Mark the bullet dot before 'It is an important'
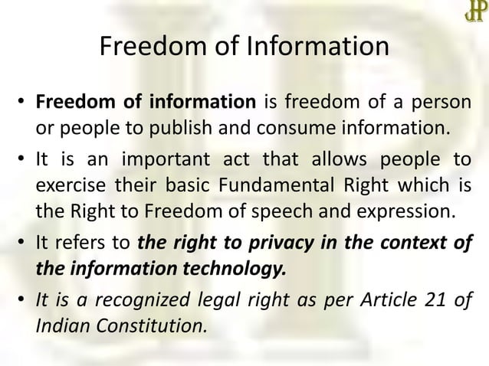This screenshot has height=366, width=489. click(x=22, y=162)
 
